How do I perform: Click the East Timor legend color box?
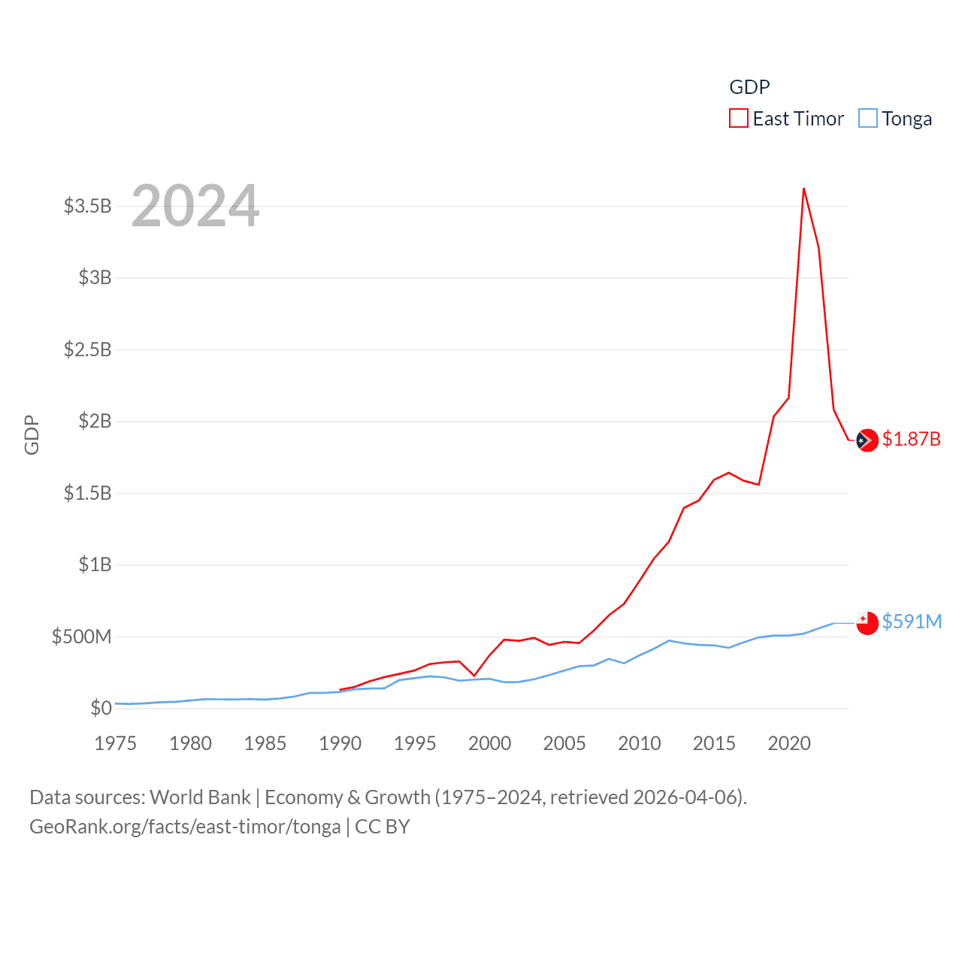738,119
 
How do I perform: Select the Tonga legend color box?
867,119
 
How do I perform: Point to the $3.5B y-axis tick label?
87,206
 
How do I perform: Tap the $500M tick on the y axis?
81,637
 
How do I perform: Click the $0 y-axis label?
101,708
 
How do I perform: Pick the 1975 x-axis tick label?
116,744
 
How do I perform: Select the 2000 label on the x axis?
489,744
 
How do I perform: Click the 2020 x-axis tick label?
789,744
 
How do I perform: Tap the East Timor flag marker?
867,440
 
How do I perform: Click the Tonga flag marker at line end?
867,623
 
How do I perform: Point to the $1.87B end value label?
911,439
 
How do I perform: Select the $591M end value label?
912,622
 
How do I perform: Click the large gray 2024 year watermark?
195,206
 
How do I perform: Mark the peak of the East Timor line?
803,189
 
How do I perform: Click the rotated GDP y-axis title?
32,434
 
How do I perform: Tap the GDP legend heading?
749,87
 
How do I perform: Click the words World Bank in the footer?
201,797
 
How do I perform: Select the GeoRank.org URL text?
185,827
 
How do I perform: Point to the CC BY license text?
382,827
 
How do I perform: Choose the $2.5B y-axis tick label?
87,349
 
